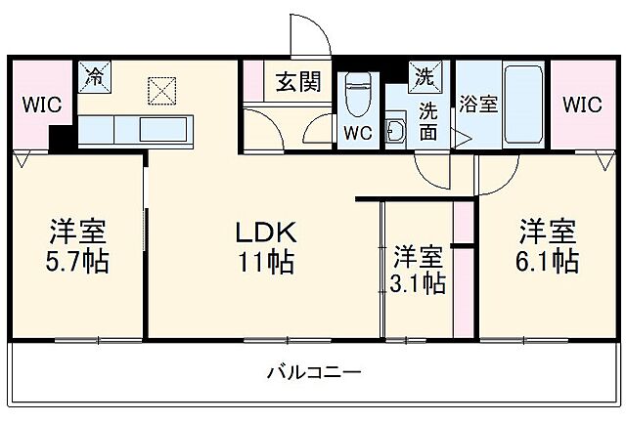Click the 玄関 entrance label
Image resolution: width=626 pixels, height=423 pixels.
pos(297,82)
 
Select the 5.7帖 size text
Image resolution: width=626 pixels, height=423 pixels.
pos(78,261)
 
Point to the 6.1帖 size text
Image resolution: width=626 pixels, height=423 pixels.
pos(547,261)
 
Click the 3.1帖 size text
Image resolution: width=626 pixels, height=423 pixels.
pos(418,283)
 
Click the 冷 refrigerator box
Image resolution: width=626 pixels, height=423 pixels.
pos(95,74)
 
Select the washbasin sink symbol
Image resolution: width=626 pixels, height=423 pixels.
pos(396,131)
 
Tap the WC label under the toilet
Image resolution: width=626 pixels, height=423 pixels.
pos(357,134)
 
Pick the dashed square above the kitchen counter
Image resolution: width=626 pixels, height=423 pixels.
pos(159,91)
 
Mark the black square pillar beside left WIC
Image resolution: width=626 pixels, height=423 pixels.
pos(62,139)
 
